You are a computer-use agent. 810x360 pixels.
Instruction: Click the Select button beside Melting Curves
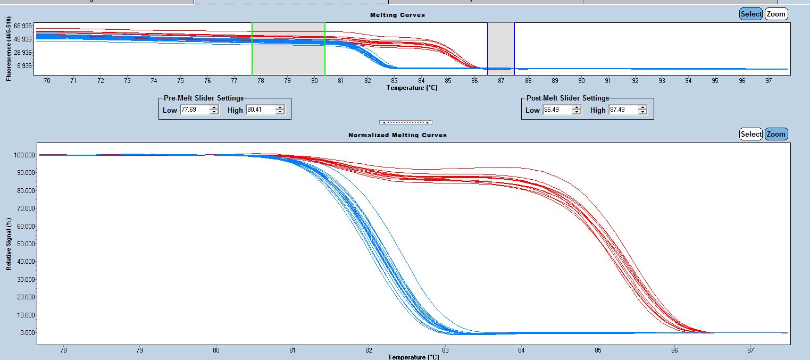[750, 14]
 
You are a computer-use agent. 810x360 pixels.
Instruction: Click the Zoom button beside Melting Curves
[776, 14]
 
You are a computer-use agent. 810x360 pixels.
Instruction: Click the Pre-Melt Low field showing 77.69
[195, 110]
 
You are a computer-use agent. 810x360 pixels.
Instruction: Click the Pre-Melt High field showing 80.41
[260, 110]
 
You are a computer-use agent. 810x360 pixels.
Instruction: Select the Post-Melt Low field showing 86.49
[557, 110]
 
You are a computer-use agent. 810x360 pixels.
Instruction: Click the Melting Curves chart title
[397, 15]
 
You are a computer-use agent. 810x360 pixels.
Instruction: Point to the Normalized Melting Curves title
[397, 135]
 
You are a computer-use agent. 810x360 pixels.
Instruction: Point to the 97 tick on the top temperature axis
[769, 81]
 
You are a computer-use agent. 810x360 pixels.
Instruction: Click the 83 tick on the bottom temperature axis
[445, 350]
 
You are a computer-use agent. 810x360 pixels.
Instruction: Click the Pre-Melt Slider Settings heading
[203, 98]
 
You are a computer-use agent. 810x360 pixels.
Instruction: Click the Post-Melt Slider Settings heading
[567, 98]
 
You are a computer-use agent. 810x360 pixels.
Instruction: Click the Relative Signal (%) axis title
[9, 244]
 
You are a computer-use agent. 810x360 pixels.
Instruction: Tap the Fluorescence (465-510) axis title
[9, 48]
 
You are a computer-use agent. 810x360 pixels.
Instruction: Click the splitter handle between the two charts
[405, 122]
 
